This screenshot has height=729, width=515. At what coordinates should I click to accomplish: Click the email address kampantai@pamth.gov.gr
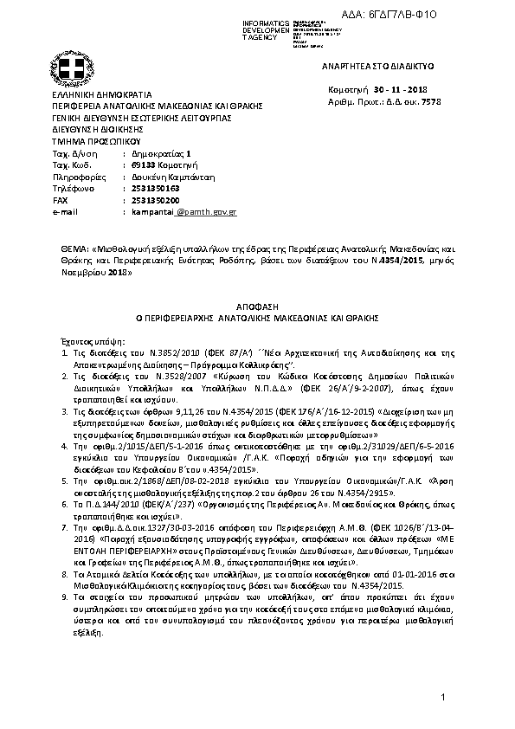click(183, 211)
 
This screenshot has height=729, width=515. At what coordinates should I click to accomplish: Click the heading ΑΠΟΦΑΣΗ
click(256, 306)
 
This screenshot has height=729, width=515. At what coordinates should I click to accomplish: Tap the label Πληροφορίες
click(77, 175)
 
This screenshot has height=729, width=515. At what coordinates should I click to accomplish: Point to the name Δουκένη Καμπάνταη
click(169, 175)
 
